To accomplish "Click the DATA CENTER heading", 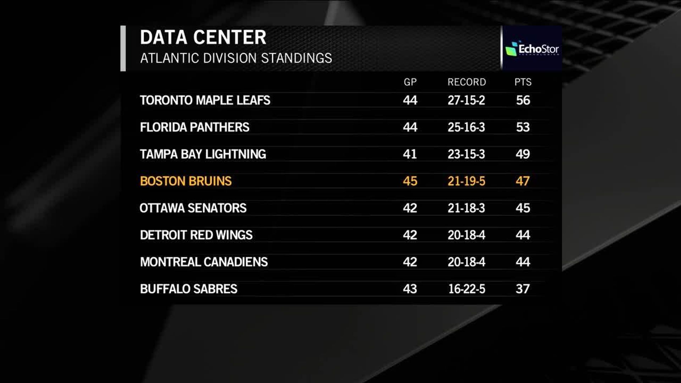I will click(203, 38).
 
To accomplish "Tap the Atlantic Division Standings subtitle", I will click(236, 58).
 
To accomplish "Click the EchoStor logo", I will click(532, 49).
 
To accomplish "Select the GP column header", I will click(410, 82).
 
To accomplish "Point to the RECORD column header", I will click(466, 82).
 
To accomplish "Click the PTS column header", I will click(523, 82).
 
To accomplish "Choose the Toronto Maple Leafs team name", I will click(205, 100).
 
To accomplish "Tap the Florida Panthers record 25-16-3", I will click(466, 127).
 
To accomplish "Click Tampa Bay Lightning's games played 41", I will click(410, 154).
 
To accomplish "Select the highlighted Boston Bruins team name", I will click(186, 181).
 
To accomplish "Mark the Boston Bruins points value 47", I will click(523, 181).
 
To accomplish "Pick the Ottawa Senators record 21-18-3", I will click(466, 208).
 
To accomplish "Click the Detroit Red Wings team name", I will click(196, 235).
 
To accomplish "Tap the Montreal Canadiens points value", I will click(523, 262).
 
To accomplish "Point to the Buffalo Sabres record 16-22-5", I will click(466, 289).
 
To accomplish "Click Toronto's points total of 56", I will click(523, 100).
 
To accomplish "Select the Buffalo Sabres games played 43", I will click(410, 289).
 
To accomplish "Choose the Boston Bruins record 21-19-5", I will click(466, 181).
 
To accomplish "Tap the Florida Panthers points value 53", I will click(523, 127).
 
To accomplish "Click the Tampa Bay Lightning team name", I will click(203, 154).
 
